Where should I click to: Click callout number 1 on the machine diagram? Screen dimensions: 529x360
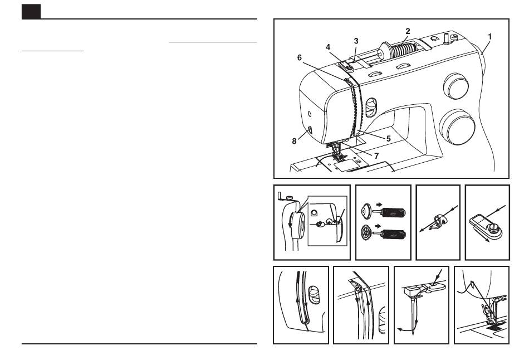pyautogui.click(x=489, y=36)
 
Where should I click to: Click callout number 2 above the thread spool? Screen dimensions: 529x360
pyautogui.click(x=408, y=31)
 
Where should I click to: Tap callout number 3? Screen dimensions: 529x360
pyautogui.click(x=356, y=41)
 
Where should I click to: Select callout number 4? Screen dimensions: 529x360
pyautogui.click(x=328, y=47)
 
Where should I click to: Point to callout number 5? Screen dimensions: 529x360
pyautogui.click(x=388, y=138)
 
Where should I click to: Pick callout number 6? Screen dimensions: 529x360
pyautogui.click(x=299, y=58)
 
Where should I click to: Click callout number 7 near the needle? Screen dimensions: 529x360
pyautogui.click(x=376, y=155)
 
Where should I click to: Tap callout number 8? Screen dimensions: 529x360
pyautogui.click(x=294, y=141)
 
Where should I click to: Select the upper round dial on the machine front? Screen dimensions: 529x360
pyautogui.click(x=456, y=86)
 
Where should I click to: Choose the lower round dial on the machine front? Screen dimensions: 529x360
pyautogui.click(x=457, y=127)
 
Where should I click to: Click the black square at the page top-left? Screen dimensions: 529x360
pyautogui.click(x=31, y=12)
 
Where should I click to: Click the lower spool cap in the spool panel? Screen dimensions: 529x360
pyautogui.click(x=366, y=232)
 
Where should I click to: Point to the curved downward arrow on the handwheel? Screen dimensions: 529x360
pyautogui.click(x=290, y=222)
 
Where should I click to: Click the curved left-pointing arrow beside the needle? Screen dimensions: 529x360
pyautogui.click(x=405, y=329)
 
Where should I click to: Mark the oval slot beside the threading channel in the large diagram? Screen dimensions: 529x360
pyautogui.click(x=371, y=108)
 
